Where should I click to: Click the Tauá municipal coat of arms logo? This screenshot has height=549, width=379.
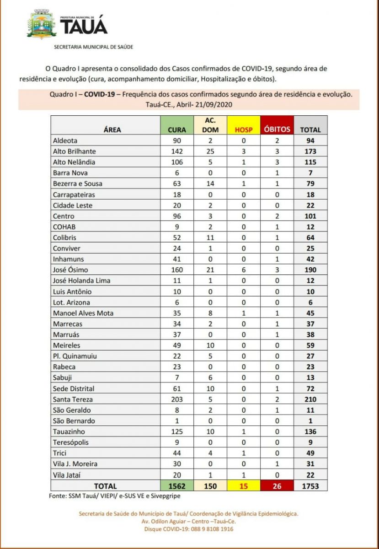(42, 24)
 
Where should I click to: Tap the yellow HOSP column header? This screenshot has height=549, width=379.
(243, 129)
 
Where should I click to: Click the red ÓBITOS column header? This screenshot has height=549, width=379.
(277, 129)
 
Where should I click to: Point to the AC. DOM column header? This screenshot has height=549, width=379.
(210, 125)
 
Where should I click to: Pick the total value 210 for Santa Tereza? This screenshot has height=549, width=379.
(310, 399)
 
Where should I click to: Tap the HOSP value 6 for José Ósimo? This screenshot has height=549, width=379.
(243, 269)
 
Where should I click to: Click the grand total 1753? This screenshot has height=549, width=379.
(310, 486)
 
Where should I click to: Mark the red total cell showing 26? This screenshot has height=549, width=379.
(277, 486)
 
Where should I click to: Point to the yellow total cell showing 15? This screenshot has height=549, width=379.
(243, 486)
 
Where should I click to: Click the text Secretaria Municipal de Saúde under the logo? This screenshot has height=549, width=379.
(94, 47)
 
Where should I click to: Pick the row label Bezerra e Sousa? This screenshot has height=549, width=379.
(77, 183)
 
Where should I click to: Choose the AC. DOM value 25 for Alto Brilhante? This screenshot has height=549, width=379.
(210, 151)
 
